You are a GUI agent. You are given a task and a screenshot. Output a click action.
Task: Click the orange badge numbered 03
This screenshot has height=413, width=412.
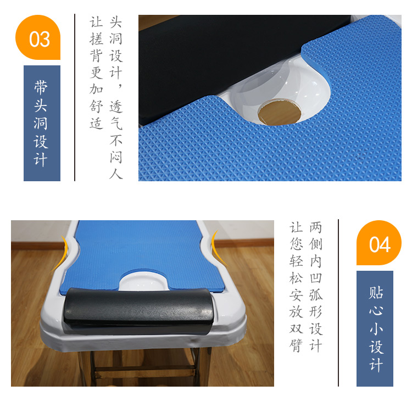[x=38, y=37]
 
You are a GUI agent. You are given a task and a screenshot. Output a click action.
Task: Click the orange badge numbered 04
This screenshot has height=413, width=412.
[x=379, y=243]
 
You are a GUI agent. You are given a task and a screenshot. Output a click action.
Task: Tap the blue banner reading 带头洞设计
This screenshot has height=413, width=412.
[x=42, y=123]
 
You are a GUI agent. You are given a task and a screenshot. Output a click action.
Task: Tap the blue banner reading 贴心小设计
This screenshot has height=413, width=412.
[x=375, y=329]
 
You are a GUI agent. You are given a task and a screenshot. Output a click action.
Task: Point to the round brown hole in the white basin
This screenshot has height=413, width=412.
[x=279, y=112]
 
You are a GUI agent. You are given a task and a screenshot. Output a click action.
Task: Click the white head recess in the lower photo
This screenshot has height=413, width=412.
[x=143, y=281]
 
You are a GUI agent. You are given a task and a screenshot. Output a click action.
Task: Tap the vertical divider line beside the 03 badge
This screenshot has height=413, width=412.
[x=75, y=97]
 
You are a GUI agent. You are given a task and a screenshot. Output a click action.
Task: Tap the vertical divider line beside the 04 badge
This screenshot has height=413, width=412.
[x=338, y=303]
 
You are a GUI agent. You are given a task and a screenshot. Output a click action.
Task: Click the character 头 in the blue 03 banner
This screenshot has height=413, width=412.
[x=41, y=105]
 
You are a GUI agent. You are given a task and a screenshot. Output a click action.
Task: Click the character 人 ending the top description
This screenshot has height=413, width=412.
[x=116, y=174]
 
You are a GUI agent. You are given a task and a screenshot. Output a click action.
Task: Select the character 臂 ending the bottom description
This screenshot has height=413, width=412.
[x=296, y=345]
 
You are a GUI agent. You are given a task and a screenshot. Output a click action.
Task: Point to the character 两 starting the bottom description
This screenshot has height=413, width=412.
[x=316, y=227]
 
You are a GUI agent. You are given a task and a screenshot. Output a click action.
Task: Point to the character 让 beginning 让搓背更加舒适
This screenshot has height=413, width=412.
[x=96, y=22]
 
